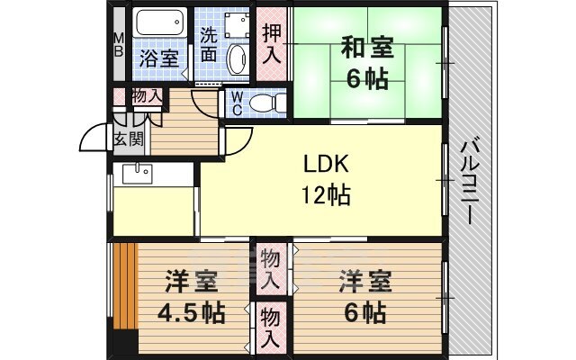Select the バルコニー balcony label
pyautogui.click(x=471, y=181)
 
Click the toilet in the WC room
pyautogui.click(x=264, y=102)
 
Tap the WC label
pyautogui.click(x=235, y=103)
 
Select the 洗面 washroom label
pyautogui.click(x=209, y=45)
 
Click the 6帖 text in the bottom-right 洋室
pyautogui.click(x=364, y=314)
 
